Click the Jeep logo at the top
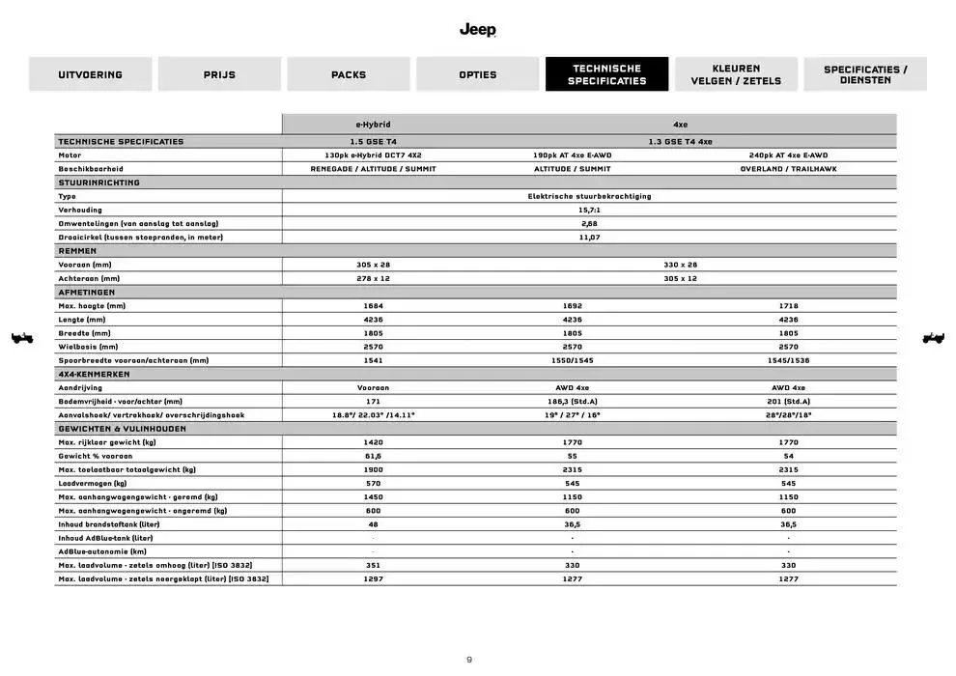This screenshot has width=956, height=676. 477,30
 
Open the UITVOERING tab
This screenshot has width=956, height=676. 90,74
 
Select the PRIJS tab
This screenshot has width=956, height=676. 219,74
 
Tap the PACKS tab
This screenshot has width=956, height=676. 349,74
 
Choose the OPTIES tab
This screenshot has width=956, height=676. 478,74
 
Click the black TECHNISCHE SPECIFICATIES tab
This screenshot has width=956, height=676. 606,74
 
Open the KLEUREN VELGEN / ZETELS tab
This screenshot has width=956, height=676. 736,74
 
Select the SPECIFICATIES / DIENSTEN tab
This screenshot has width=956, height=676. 865,74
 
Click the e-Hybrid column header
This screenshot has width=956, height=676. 374,125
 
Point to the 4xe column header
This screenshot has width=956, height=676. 681,125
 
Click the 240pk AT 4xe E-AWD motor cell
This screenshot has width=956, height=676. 788,155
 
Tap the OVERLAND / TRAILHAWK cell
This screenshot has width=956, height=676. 788,168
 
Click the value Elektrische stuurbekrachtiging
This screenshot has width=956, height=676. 589,196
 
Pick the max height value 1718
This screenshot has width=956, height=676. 788,305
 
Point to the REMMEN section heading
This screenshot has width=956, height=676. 77,250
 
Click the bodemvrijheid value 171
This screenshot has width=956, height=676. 374,401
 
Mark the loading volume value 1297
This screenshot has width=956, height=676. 374,578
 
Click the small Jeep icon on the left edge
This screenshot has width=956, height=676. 21,338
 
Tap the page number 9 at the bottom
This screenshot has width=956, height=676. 469,660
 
